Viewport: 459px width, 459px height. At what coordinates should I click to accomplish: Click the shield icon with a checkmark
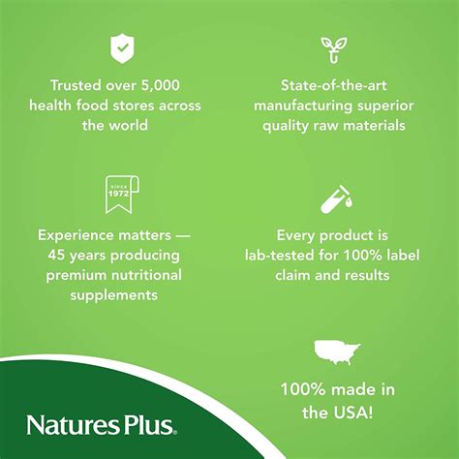point(122,48)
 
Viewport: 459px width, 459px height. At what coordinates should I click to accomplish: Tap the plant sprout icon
point(334,49)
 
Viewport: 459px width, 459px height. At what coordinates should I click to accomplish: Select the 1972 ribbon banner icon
point(122,195)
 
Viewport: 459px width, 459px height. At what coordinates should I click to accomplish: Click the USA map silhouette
point(337,352)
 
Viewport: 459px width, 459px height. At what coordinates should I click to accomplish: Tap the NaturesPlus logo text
point(102,425)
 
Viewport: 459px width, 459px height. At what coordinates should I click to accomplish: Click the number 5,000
point(161,85)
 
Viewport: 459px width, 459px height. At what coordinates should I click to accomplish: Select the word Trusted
point(76,85)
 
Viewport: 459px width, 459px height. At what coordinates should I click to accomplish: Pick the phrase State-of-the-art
point(334,85)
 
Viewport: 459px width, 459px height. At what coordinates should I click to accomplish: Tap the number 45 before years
point(56,256)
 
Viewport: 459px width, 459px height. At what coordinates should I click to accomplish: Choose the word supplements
point(114,295)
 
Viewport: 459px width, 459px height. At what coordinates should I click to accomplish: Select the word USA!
point(355,413)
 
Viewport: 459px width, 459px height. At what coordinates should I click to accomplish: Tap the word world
point(129,125)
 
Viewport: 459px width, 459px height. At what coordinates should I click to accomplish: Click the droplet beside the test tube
point(349,202)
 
